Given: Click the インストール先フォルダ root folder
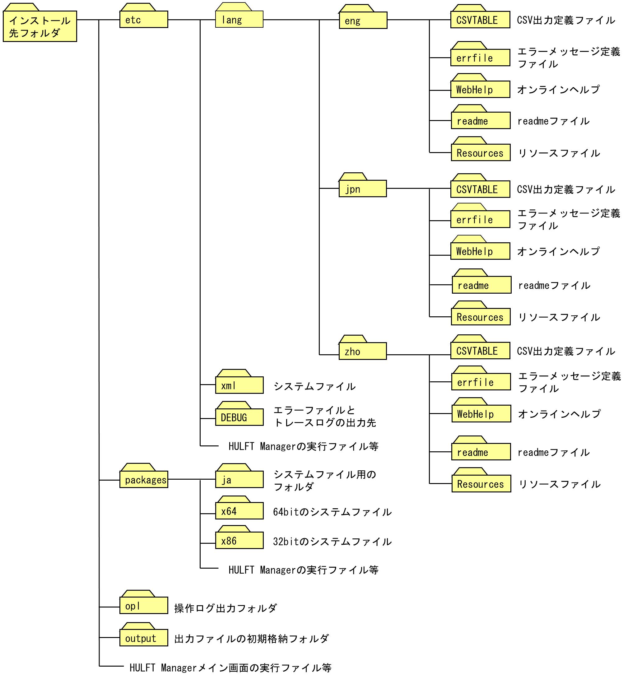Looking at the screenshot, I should (40, 26).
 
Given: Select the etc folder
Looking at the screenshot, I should (144, 20).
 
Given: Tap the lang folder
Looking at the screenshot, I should (239, 20).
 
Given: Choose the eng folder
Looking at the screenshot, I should (363, 21).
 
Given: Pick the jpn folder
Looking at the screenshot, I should (362, 189).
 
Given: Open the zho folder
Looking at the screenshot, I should (362, 351).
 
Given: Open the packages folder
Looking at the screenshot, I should (144, 479).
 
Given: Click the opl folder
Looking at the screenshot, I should (144, 606).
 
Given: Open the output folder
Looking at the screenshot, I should (144, 638).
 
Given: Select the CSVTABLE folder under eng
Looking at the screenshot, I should (480, 20).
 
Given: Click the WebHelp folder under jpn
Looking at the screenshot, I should (480, 252).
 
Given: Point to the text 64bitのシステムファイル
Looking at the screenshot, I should (332, 512).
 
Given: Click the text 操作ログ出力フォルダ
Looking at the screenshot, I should (225, 608).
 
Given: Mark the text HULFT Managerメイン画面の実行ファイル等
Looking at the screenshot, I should (230, 668).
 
